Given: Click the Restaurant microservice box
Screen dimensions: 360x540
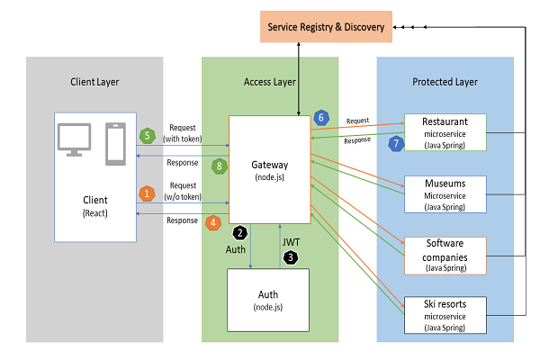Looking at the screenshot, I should tap(445, 133).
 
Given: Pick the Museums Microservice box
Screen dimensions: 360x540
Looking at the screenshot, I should tap(445, 194).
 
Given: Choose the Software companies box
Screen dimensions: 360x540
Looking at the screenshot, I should tap(445, 255).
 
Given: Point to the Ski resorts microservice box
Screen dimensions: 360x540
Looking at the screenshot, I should tap(445, 314).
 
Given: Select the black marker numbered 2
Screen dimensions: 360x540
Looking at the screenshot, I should tap(240, 232).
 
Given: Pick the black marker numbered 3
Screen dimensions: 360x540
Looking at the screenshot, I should tap(290, 257).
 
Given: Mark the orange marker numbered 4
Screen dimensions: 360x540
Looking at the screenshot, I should tap(213, 221).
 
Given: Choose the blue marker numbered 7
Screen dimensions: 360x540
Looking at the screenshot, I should tap(393, 143).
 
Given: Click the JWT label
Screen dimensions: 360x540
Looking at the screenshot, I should tap(292, 241).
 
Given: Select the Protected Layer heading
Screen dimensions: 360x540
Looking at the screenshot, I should tap(445, 82).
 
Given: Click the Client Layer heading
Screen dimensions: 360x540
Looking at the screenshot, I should tap(94, 82).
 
